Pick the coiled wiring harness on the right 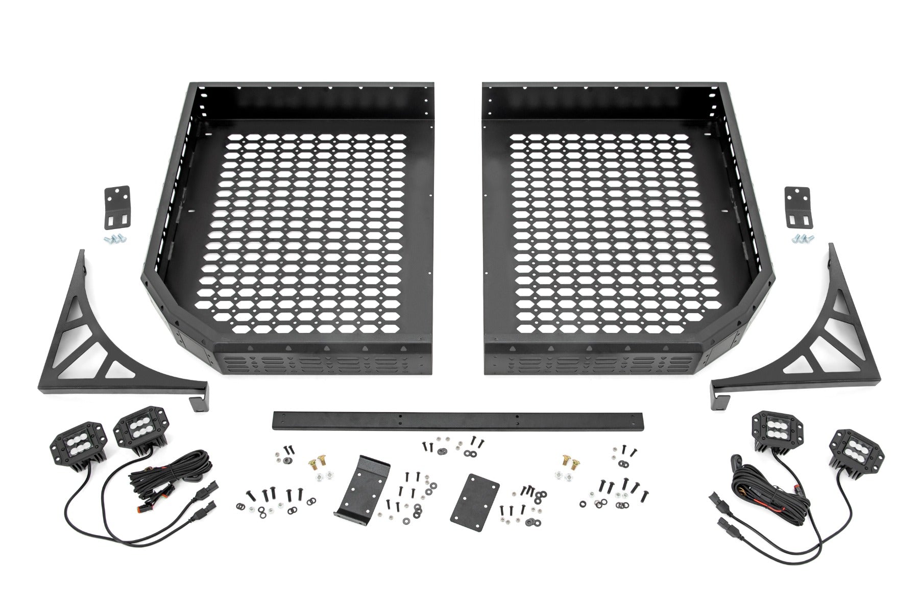(756, 484)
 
